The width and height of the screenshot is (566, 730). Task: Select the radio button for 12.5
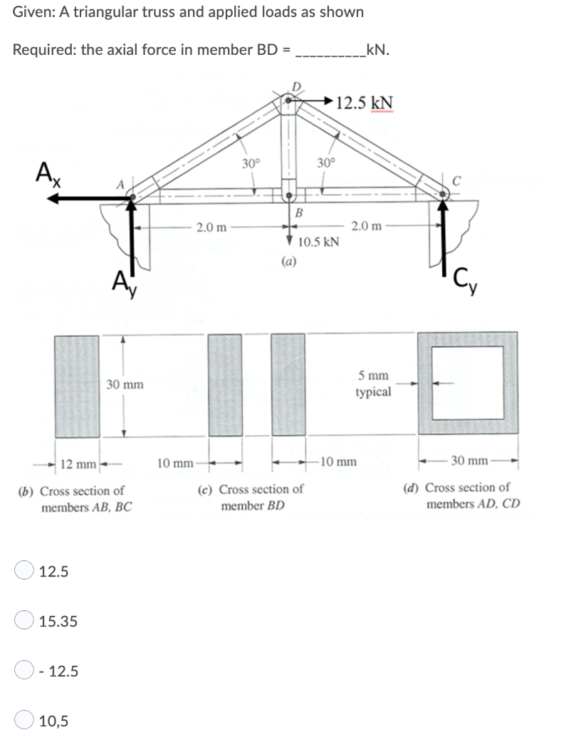[25, 570]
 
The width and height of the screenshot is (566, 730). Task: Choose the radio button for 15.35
[25, 621]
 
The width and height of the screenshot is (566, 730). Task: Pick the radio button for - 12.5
[25, 671]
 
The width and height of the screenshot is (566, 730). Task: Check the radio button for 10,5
[25, 721]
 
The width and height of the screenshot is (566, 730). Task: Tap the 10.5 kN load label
[318, 242]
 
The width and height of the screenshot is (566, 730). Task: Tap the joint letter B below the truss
[299, 212]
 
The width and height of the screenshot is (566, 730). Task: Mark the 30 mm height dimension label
[125, 385]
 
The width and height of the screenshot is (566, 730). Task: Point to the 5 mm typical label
[374, 384]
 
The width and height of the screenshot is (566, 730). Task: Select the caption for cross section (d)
[466, 495]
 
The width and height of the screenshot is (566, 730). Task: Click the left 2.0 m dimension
[212, 227]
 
